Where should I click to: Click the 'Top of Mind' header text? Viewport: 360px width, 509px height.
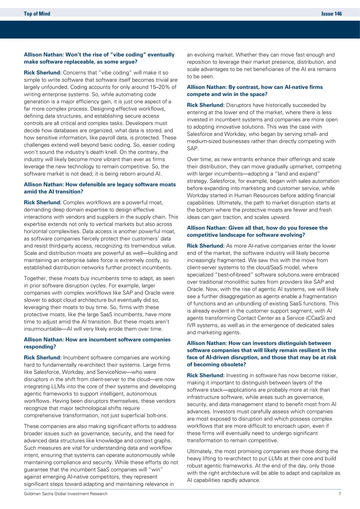(37, 14)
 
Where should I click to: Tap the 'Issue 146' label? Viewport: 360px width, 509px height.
(331, 14)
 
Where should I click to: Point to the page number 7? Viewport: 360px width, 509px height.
(340, 494)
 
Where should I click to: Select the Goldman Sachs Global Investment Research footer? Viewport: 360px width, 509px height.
(66, 494)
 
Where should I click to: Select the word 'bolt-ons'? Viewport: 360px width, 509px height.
(156, 415)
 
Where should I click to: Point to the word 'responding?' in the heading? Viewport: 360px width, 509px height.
(40, 347)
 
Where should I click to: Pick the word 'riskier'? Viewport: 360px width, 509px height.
(327, 375)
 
